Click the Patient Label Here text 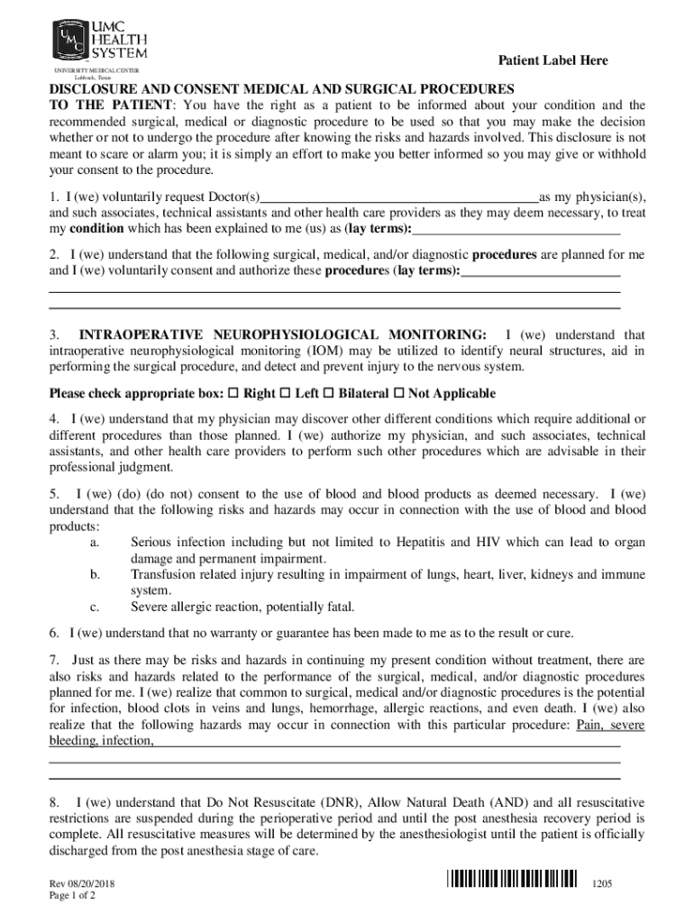click(552, 60)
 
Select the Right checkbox click(234, 394)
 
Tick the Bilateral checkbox click(329, 394)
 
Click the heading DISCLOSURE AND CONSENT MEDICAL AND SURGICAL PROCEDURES click(281, 89)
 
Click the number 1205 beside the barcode click(602, 885)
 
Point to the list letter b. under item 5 click(96, 574)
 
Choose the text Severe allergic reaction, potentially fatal click(242, 607)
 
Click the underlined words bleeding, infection click(100, 741)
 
